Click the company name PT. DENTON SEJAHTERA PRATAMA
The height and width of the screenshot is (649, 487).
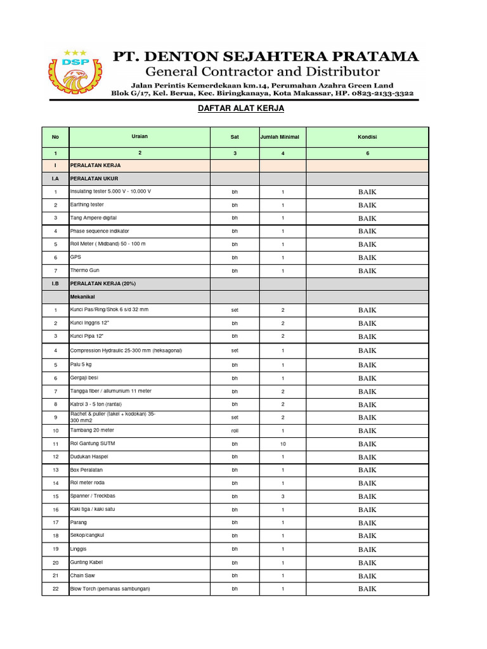tap(265, 56)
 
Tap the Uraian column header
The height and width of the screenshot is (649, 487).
tap(140, 136)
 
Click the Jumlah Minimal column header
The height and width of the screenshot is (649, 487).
tap(283, 137)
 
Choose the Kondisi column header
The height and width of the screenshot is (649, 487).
tap(367, 137)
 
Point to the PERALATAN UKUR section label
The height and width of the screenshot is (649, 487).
tap(94, 179)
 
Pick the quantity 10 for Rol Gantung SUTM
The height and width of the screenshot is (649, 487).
tap(283, 444)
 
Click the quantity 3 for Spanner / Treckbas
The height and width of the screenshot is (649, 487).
tap(283, 497)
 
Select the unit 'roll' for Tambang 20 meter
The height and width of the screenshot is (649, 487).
tap(235, 431)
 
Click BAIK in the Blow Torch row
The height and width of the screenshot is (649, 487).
tap(367, 589)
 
